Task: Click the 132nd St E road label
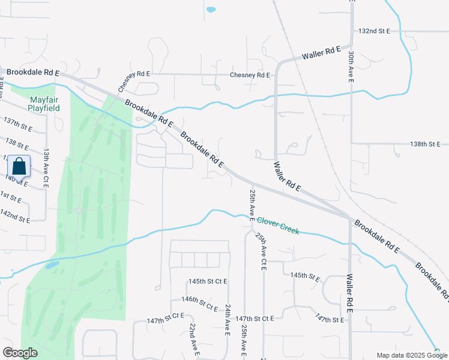coord(374,31)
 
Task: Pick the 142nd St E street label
coord(15,215)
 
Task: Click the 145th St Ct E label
coord(208,281)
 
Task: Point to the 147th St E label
coord(332,319)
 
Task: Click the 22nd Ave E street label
coord(193,340)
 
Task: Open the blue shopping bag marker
coord(19,166)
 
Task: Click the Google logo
coord(20,353)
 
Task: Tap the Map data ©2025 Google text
coord(411,355)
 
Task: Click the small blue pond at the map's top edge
coord(211,10)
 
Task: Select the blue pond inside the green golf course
coord(52,264)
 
